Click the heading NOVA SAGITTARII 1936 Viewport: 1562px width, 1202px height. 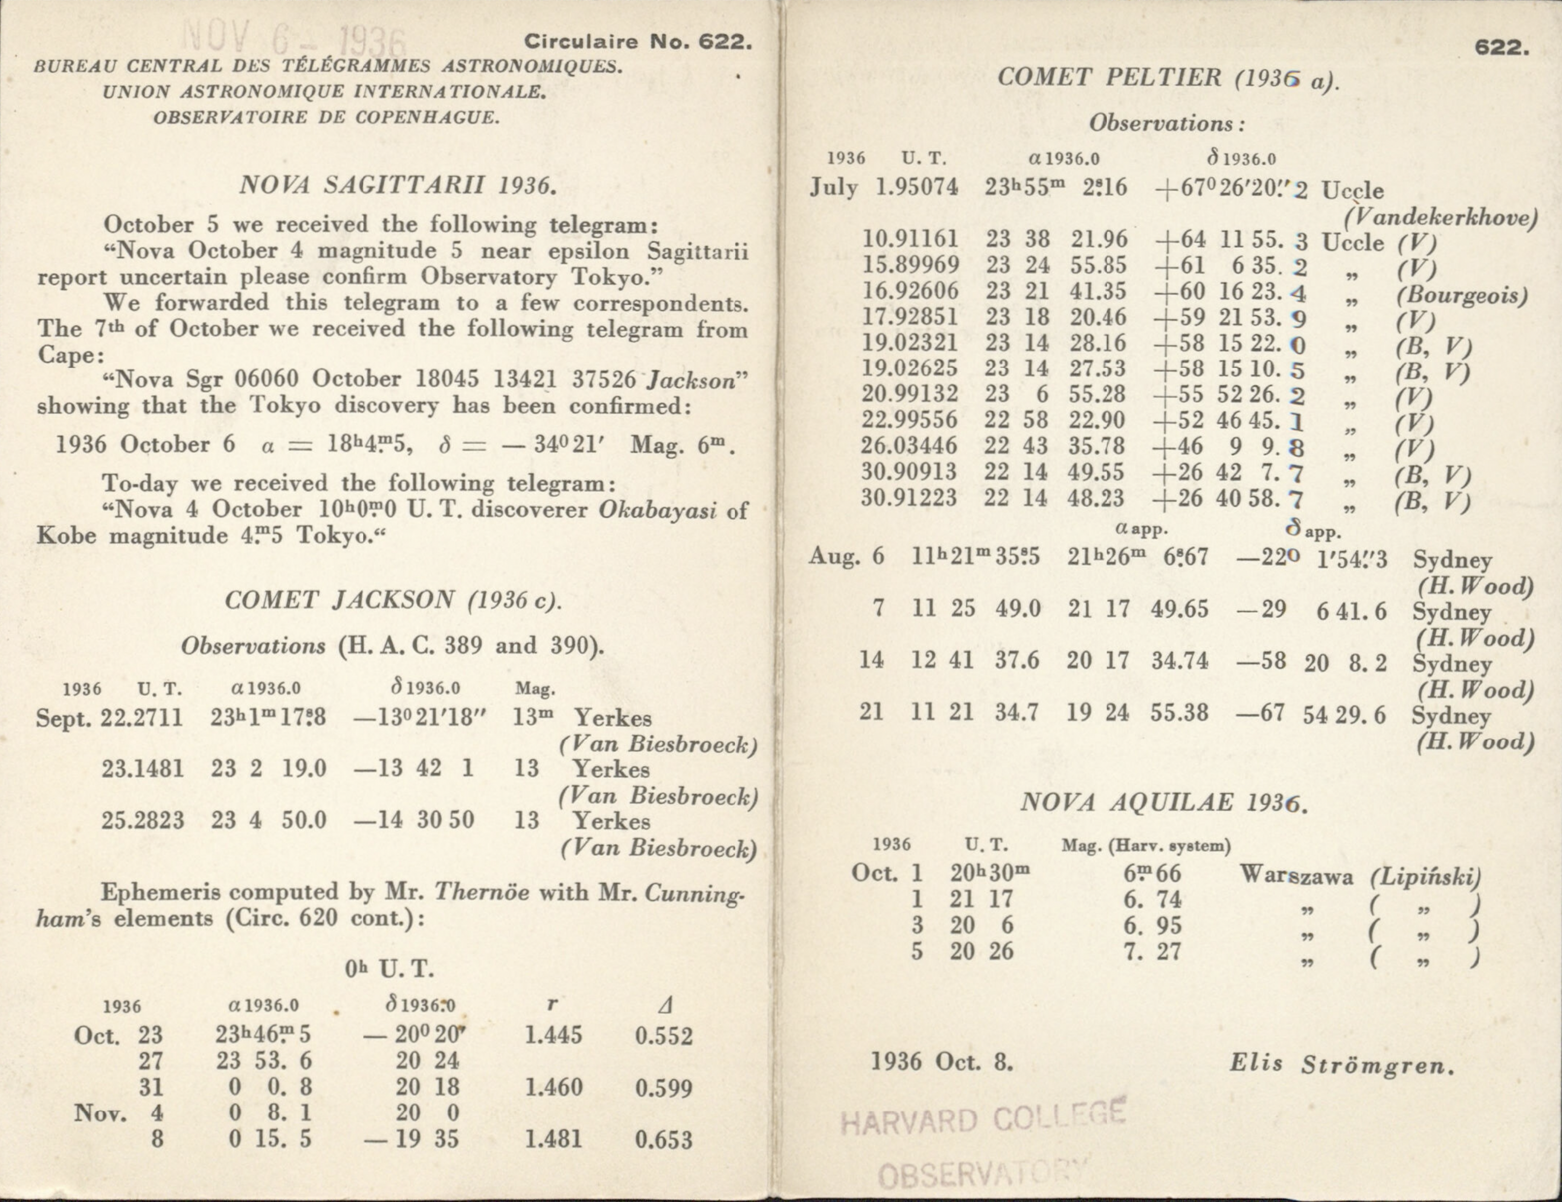[x=397, y=185]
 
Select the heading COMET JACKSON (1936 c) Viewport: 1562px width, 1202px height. [x=392, y=600]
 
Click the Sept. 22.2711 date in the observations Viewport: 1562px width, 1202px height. [x=109, y=717]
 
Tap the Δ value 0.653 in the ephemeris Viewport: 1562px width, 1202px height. [x=664, y=1139]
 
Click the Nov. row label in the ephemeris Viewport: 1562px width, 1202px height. [x=100, y=1113]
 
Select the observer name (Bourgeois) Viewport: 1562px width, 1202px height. [x=1461, y=295]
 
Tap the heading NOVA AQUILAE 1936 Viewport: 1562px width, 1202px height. [x=1164, y=802]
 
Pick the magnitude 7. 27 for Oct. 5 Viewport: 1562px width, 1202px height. [x=1152, y=952]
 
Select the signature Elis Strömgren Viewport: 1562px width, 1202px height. [x=1342, y=1064]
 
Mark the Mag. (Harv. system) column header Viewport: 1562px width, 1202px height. [x=1146, y=846]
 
